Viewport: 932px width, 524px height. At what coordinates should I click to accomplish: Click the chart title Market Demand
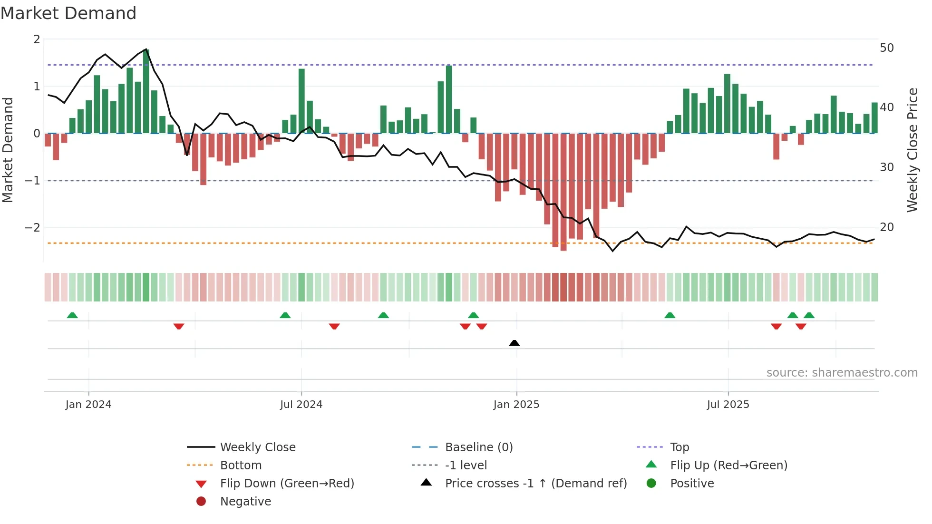68,13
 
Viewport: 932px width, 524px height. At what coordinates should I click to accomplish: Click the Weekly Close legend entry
257,447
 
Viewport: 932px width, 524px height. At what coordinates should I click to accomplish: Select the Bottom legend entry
241,465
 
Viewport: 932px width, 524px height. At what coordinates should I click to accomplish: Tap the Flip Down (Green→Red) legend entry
287,483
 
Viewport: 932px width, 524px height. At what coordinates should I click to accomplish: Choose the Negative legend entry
245,501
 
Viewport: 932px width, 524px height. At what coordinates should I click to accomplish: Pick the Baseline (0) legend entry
478,447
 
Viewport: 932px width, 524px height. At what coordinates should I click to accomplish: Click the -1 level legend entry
466,465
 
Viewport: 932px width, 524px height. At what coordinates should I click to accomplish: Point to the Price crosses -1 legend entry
535,483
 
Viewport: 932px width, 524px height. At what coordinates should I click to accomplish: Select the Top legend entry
679,447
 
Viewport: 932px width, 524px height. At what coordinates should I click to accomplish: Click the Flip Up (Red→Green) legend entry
728,465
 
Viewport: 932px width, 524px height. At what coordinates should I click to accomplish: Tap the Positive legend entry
691,483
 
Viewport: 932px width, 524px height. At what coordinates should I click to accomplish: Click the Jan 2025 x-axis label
516,405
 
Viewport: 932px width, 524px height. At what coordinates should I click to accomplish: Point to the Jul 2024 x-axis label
301,405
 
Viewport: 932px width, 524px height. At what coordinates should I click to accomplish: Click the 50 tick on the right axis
886,48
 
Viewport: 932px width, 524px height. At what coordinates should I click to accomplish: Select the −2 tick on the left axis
33,228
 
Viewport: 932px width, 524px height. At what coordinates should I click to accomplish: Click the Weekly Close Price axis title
912,150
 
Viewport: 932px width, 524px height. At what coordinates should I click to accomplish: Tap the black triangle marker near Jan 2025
514,343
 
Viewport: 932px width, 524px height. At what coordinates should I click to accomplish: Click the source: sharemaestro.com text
842,373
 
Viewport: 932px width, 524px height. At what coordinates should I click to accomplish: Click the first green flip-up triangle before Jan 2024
72,315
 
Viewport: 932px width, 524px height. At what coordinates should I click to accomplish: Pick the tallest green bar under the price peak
146,90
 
